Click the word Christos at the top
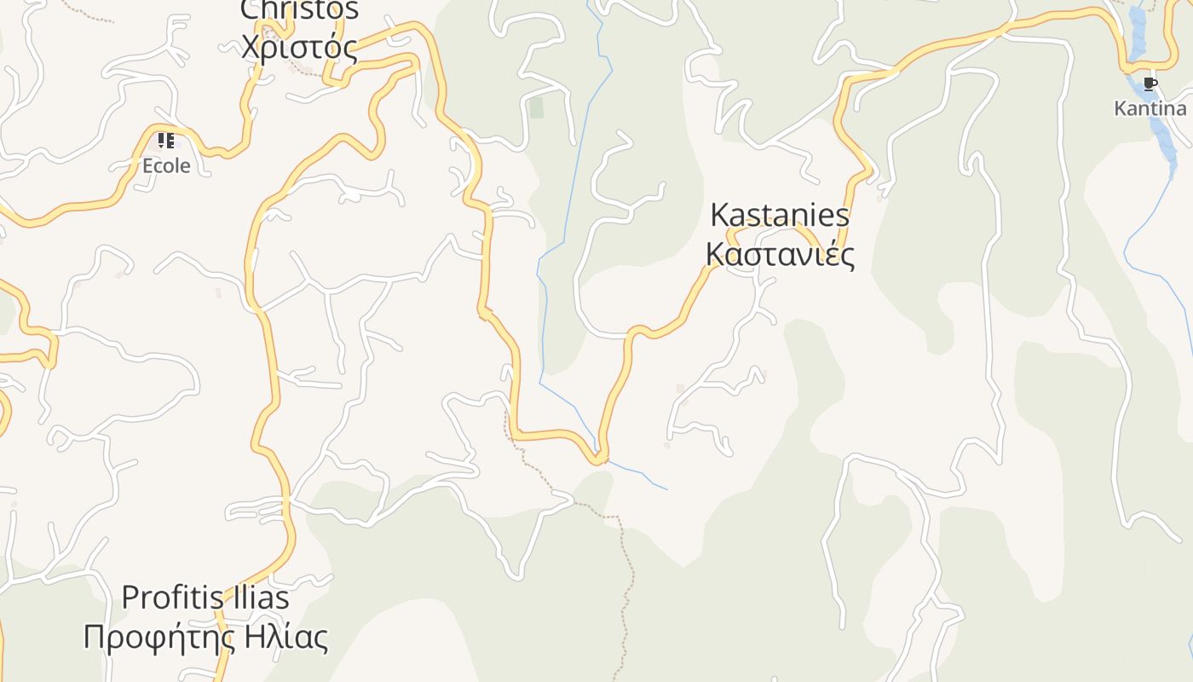click(299, 10)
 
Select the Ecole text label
click(166, 165)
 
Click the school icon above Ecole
click(165, 140)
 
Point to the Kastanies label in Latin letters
click(780, 215)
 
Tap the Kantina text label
click(1150, 108)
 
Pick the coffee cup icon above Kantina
click(1150, 84)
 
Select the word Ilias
click(259, 598)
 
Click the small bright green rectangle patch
click(536, 107)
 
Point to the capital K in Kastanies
click(720, 215)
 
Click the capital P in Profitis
click(130, 598)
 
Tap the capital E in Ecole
click(147, 165)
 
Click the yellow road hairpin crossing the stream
click(600, 459)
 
